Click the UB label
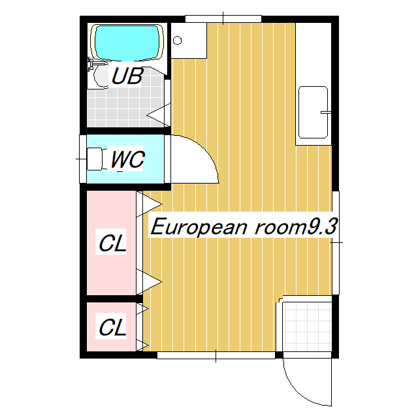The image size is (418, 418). [x=127, y=76]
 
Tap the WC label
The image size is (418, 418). [x=127, y=160]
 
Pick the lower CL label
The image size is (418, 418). [x=112, y=327]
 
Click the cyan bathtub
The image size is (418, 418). [x=127, y=42]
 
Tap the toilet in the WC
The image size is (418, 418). [x=95, y=159]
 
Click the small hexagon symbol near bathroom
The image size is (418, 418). [x=178, y=40]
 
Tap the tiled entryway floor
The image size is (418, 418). [x=306, y=326]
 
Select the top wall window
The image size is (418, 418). [x=223, y=18]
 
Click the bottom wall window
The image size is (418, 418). [x=216, y=356]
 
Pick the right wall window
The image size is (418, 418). [x=336, y=241]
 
